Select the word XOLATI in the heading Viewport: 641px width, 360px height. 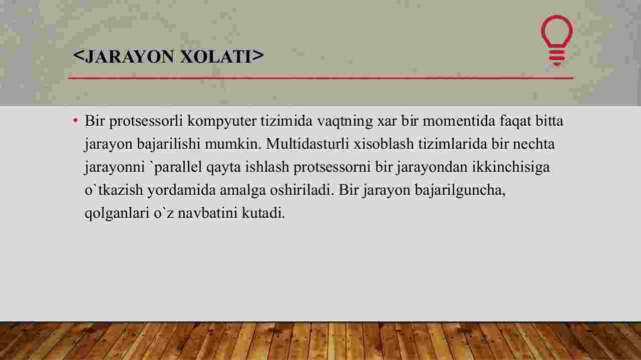coord(216,57)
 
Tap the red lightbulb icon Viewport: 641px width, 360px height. coord(556,41)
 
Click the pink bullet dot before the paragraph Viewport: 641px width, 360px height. coord(76,121)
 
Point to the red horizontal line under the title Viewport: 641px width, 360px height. coord(321,78)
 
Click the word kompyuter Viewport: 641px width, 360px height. coord(222,121)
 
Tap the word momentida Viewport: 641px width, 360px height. coord(459,121)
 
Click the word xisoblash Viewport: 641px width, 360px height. coord(384,143)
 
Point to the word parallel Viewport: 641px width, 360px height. coord(178,167)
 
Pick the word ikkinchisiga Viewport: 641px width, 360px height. coord(511,167)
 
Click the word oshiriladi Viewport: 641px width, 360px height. coord(302,190)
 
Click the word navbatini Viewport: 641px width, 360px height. coord(207,213)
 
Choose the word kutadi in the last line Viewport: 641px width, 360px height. coord(263,213)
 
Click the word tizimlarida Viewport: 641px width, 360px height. coord(453,143)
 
